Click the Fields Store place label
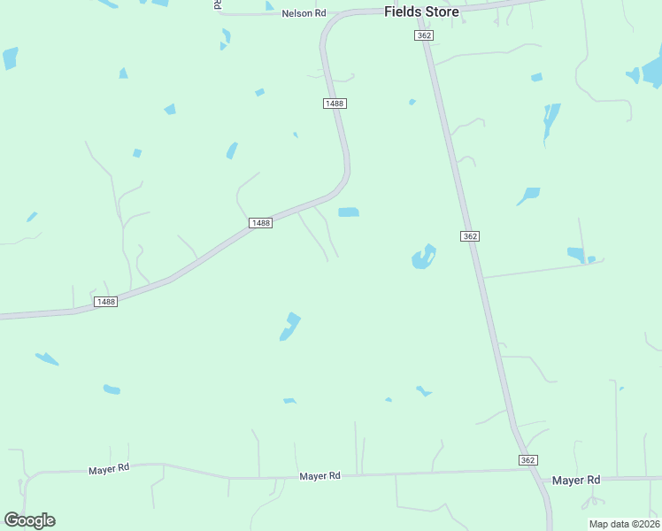pos(421,12)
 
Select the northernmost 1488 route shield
pos(335,104)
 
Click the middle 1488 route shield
pos(260,223)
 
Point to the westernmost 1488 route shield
pos(105,302)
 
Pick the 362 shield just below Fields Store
pos(422,35)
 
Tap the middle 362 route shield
pos(470,236)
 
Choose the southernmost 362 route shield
pos(527,460)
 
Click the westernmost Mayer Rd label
pos(109,468)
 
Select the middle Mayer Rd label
pos(319,476)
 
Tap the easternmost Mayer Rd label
pos(576,480)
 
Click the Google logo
pos(29,520)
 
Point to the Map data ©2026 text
pos(623,524)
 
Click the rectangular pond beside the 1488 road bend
pos(349,212)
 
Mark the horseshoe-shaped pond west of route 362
pos(423,258)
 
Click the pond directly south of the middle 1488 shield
pos(289,326)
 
